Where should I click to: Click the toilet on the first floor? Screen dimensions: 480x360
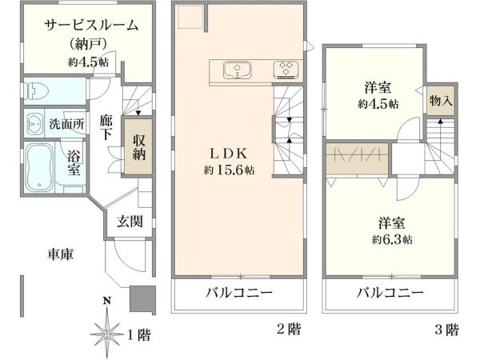pos(37,91)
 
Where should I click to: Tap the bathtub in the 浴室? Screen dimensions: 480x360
pos(38,168)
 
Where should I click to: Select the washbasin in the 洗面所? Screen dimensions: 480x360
pos(35,124)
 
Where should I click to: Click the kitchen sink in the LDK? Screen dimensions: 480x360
pos(238,70)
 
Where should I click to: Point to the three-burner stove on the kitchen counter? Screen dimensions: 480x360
pos(286,70)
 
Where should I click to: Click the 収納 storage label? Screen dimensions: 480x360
pos(138,147)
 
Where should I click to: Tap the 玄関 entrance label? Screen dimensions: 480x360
pos(130,222)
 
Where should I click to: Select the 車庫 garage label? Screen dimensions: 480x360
pos(60,254)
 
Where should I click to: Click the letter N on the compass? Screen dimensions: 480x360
pos(106,301)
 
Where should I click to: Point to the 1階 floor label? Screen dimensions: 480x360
pos(138,334)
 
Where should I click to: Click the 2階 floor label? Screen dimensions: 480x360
pos(289,329)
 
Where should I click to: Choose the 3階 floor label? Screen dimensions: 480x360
pos(447,330)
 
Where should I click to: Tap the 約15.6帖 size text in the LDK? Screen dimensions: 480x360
pos(229,170)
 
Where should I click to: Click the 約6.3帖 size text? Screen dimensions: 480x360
pos(392,238)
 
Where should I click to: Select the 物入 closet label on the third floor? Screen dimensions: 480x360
pos(441,100)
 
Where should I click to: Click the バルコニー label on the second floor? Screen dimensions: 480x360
pos(238,293)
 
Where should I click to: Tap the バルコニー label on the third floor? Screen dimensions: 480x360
pos(390,293)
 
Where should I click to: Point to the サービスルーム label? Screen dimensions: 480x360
pos(91,25)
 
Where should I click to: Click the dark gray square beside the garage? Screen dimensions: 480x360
pos(142,298)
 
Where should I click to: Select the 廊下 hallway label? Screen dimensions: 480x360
pos(106,127)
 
